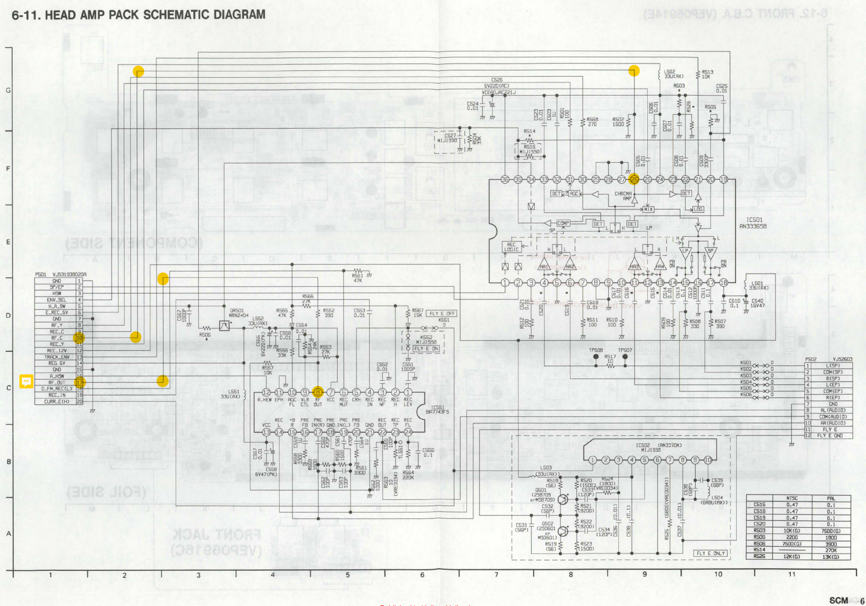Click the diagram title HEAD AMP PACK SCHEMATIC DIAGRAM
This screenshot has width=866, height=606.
click(x=138, y=15)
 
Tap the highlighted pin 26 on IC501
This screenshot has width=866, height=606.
click(x=634, y=180)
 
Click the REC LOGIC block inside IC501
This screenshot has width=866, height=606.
click(x=511, y=247)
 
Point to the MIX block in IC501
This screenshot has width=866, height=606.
click(x=648, y=209)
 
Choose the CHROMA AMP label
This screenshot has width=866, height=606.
click(x=623, y=196)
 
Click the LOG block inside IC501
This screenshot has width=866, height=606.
click(x=698, y=209)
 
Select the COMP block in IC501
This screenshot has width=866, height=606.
click(x=563, y=223)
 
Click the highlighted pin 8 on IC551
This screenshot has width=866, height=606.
click(x=318, y=392)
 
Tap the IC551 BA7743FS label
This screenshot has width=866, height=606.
click(x=437, y=410)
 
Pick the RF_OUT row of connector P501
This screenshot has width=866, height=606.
click(x=57, y=382)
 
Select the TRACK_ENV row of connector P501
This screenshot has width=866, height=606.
click(x=57, y=357)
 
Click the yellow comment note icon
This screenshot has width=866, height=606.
click(x=26, y=381)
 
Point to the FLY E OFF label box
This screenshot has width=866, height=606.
click(x=442, y=314)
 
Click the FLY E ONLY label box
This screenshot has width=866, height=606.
click(x=710, y=553)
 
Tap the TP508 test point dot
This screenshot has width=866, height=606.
click(x=596, y=357)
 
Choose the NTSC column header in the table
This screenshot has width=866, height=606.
click(x=792, y=498)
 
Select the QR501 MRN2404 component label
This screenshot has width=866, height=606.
click(x=238, y=313)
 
